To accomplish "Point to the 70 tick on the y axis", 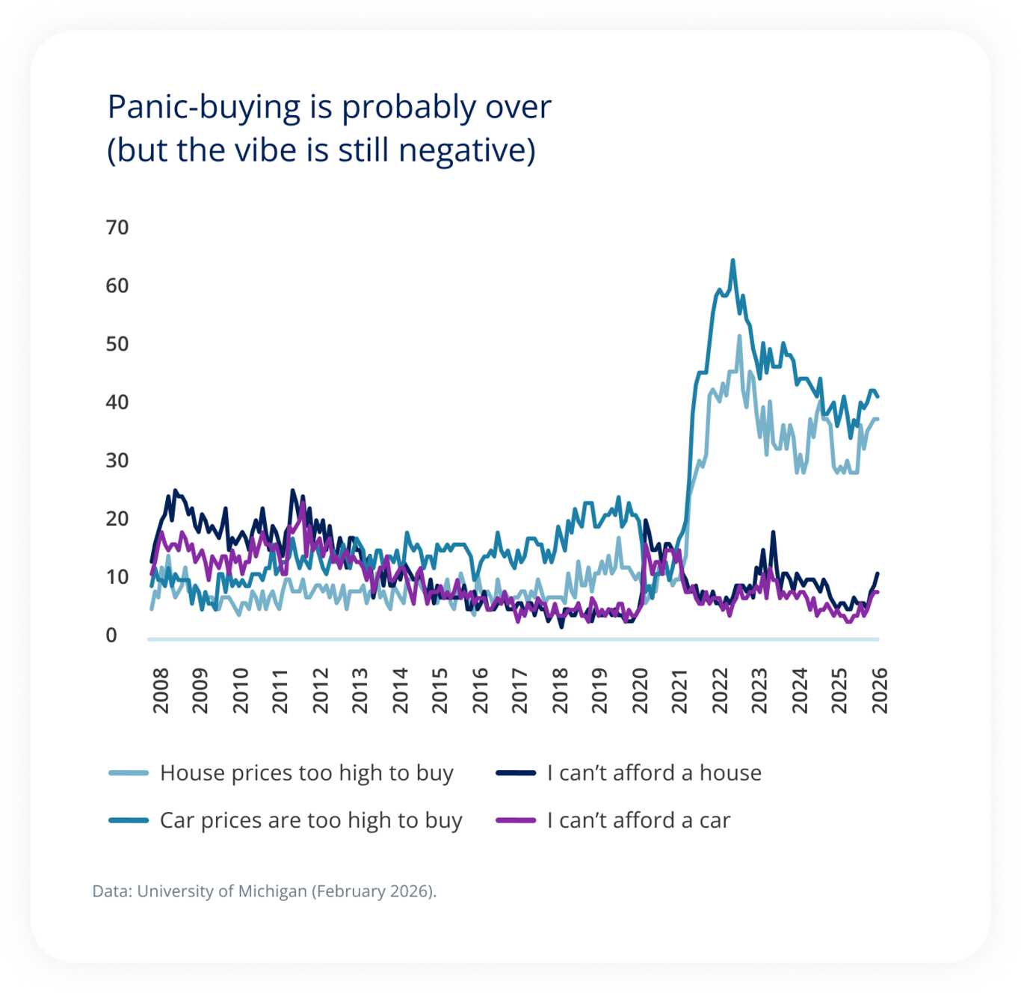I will pos(117,227).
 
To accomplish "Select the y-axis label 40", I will pos(117,402).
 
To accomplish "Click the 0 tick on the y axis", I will pos(111,636).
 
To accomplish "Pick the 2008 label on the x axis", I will pos(161,690).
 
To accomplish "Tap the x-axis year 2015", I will pos(440,690).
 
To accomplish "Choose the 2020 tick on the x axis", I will pos(640,690).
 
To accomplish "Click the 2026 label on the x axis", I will pos(880,690).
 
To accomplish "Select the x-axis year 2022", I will pos(720,690).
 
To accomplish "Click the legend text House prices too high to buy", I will pos(306,773).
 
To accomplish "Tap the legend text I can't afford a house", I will pos(654,773).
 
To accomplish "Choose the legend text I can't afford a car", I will pos(638,821).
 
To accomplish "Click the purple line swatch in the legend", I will pos(516,821).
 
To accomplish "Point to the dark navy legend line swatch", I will pos(516,773).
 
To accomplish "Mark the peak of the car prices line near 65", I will pos(732,260).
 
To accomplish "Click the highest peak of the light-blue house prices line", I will pos(739,336).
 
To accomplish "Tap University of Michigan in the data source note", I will pos(222,891).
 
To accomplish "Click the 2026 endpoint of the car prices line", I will pos(877,396).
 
